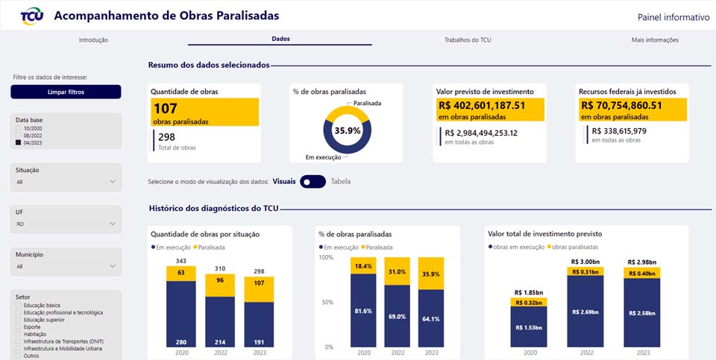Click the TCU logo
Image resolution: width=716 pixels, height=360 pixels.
[31, 16]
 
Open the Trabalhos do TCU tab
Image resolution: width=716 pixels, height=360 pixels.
[467, 40]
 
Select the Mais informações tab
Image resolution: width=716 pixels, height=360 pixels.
[654, 40]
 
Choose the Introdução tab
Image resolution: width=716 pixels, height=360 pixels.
[94, 40]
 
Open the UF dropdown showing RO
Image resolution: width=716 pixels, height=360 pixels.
[66, 223]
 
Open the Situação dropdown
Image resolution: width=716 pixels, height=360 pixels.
[66, 181]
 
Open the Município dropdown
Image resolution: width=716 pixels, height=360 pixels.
[66, 265]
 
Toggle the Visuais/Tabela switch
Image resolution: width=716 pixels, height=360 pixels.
[313, 181]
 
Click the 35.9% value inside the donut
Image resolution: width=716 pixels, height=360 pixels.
[348, 130]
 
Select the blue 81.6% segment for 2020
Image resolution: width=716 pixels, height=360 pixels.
[363, 310]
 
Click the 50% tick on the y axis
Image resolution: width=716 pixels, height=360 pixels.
[325, 303]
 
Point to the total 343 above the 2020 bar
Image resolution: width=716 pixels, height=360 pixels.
[181, 260]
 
